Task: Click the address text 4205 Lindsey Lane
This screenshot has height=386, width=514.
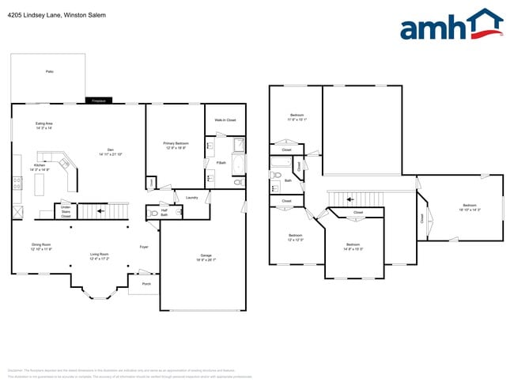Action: pyautogui.click(x=55, y=15)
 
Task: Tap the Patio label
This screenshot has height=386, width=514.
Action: pyautogui.click(x=49, y=72)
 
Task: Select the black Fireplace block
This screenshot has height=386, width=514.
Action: pyautogui.click(x=99, y=101)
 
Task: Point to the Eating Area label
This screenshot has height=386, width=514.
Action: pyautogui.click(x=44, y=126)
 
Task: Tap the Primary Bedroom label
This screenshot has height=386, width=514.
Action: pyautogui.click(x=176, y=145)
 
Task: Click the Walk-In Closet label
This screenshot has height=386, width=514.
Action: pyautogui.click(x=225, y=119)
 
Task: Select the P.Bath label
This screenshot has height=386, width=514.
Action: pyautogui.click(x=222, y=163)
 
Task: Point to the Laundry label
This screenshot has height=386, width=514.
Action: pyautogui.click(x=191, y=198)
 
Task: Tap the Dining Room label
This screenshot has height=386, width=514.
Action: pyautogui.click(x=41, y=247)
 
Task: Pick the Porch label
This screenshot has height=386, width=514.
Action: pyautogui.click(x=146, y=282)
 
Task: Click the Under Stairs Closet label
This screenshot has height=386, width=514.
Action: pyautogui.click(x=66, y=212)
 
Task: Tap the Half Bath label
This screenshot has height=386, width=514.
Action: pyautogui.click(x=164, y=212)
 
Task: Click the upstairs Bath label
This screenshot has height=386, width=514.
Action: pyautogui.click(x=289, y=181)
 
